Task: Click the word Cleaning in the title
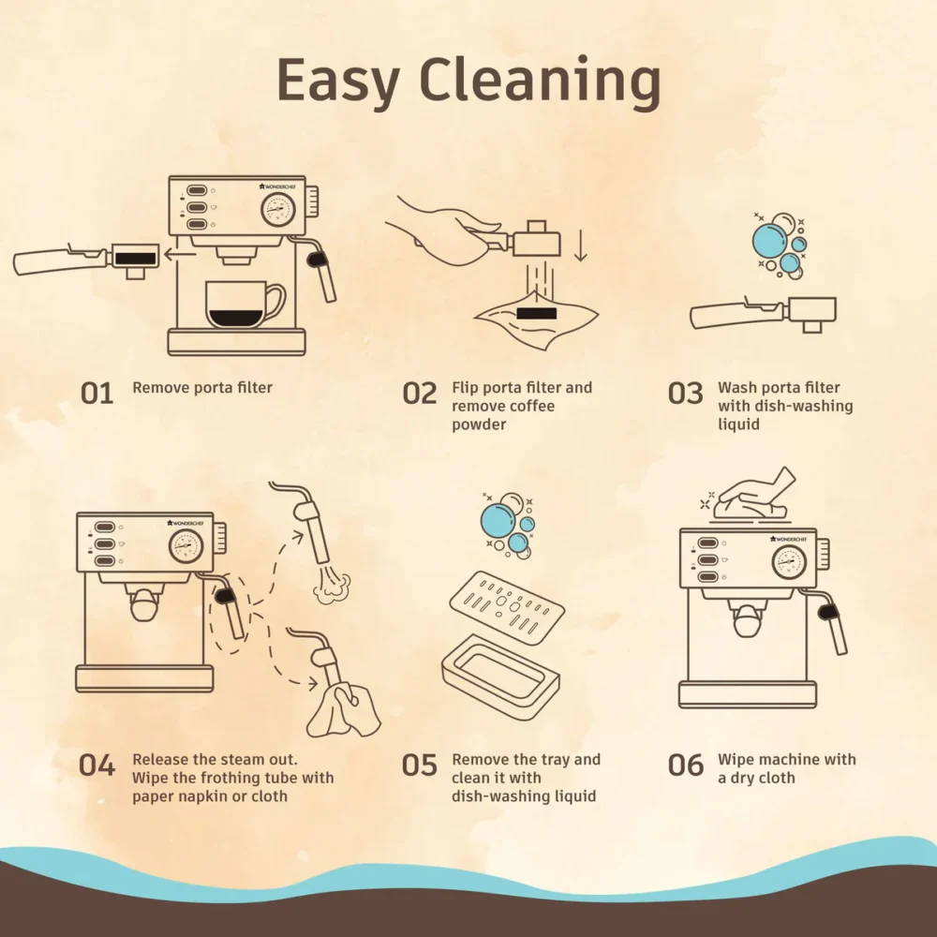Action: coord(541,81)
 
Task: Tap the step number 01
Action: coord(97,394)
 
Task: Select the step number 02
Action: coord(420,394)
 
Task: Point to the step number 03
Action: coord(685,394)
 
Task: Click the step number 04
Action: coord(97,766)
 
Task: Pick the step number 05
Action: coord(420,766)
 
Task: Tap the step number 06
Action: coord(686,766)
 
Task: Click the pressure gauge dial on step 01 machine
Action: coord(278,210)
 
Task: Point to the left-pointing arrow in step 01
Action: coord(180,255)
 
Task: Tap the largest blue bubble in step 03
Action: coord(769,240)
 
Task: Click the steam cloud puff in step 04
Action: coord(332,587)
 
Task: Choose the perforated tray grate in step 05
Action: coord(507,607)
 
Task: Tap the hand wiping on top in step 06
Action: coord(754,496)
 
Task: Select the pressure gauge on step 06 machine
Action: coord(789,562)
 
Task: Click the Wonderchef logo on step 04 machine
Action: coord(186,524)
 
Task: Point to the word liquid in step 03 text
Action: coord(738,424)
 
